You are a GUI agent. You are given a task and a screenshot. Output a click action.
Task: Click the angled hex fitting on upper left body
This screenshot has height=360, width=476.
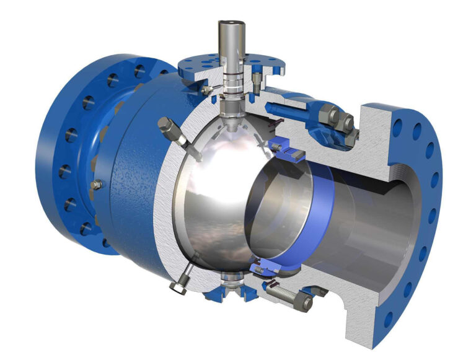[169, 127]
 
